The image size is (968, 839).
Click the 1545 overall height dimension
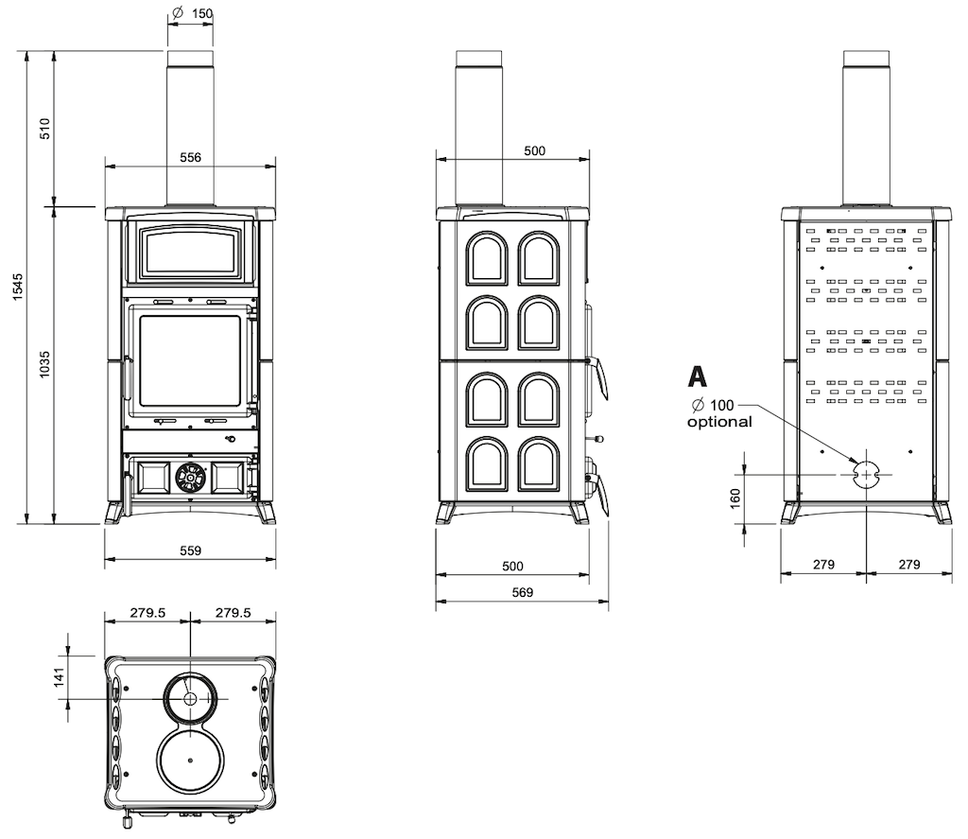pyautogui.click(x=18, y=287)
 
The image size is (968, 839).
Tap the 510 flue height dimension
pyautogui.click(x=45, y=128)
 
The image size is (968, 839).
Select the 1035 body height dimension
pyautogui.click(x=45, y=364)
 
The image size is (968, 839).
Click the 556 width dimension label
pyautogui.click(x=190, y=158)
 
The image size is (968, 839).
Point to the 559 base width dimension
pyautogui.click(x=190, y=551)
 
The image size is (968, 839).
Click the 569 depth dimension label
pyautogui.click(x=522, y=592)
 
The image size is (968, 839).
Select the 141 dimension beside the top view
pyautogui.click(x=60, y=676)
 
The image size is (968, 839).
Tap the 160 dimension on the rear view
pyautogui.click(x=735, y=498)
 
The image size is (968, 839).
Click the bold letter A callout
pyautogui.click(x=697, y=376)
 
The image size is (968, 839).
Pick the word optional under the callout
pyautogui.click(x=719, y=422)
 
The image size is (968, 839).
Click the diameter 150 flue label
pyautogui.click(x=192, y=13)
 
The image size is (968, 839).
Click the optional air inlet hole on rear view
pyautogui.click(x=866, y=475)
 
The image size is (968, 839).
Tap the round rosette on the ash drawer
pyautogui.click(x=190, y=478)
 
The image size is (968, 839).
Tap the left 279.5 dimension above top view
pyautogui.click(x=147, y=613)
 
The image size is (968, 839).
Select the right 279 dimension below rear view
pyautogui.click(x=908, y=564)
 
